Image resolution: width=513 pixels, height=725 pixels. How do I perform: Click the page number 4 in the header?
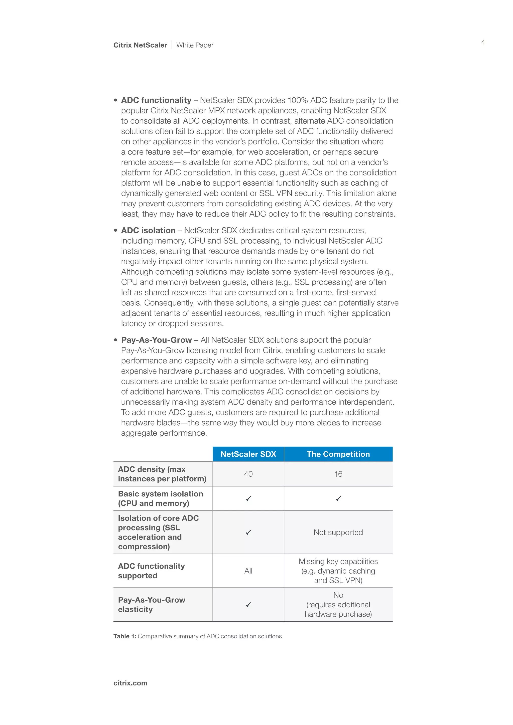pyautogui.click(x=483, y=42)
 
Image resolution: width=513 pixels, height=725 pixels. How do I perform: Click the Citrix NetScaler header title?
pyautogui.click(x=140, y=45)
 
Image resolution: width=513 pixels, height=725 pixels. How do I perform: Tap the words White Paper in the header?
pyautogui.click(x=195, y=45)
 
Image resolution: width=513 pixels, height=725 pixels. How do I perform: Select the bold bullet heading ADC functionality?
pyautogui.click(x=156, y=100)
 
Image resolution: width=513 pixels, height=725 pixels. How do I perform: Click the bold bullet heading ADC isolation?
pyautogui.click(x=148, y=231)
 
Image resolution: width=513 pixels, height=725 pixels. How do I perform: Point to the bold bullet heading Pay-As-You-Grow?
pyautogui.click(x=156, y=340)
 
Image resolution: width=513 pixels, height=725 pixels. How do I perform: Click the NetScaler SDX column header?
pyautogui.click(x=248, y=454)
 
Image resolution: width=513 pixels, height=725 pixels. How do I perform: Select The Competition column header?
pyautogui.click(x=338, y=454)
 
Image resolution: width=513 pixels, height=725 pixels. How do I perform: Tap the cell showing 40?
pyautogui.click(x=248, y=474)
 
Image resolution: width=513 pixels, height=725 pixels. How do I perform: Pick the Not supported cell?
pyautogui.click(x=338, y=532)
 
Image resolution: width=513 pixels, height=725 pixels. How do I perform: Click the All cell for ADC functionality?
pyautogui.click(x=248, y=571)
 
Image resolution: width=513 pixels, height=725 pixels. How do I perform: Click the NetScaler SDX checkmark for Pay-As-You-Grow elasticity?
pyautogui.click(x=248, y=605)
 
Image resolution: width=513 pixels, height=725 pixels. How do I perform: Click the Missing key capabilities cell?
pyautogui.click(x=338, y=571)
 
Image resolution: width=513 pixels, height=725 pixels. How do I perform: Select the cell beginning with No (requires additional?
pyautogui.click(x=338, y=605)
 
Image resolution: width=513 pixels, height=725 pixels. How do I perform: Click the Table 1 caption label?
pyautogui.click(x=125, y=636)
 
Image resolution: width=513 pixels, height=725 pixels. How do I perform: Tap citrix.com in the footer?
pyautogui.click(x=131, y=683)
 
